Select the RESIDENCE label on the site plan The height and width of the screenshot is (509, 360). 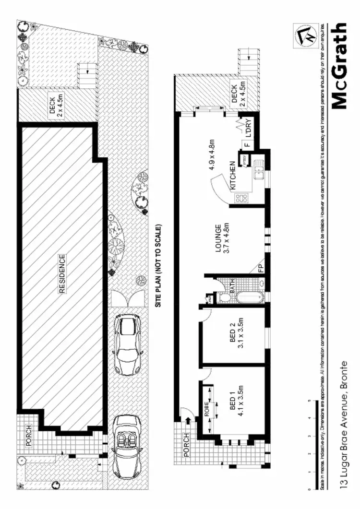click(62, 274)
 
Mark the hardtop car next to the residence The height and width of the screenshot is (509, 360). click(127, 344)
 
